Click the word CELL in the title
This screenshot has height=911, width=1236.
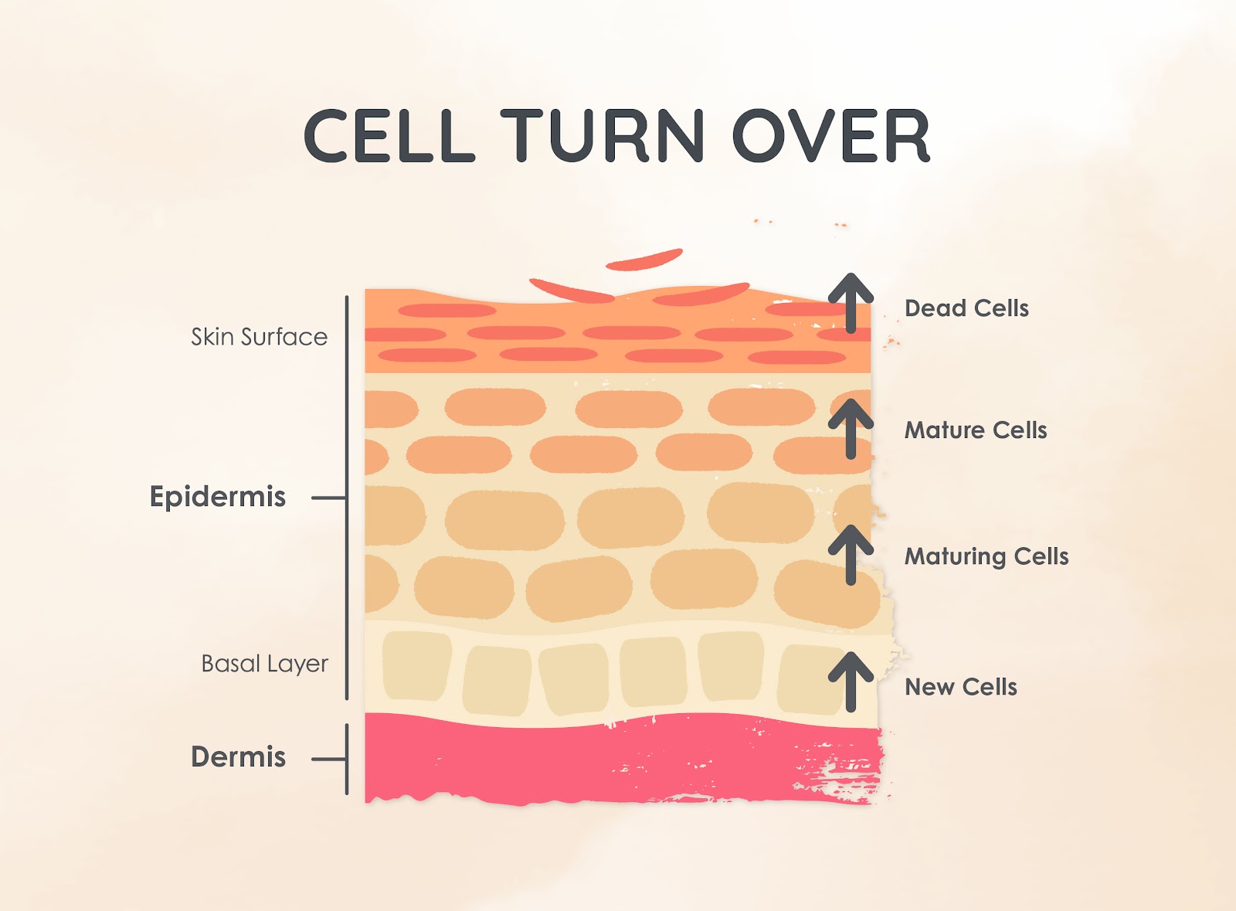pyautogui.click(x=389, y=136)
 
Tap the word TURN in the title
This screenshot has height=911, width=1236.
pyautogui.click(x=603, y=136)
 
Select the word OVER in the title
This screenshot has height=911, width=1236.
pyautogui.click(x=831, y=136)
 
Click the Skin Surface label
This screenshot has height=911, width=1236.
pyautogui.click(x=260, y=337)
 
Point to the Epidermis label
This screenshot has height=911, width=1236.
pyautogui.click(x=218, y=497)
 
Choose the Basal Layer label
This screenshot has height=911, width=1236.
pyautogui.click(x=265, y=664)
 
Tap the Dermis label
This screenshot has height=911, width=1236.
pyautogui.click(x=239, y=756)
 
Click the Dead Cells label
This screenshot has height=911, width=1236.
pyautogui.click(x=966, y=308)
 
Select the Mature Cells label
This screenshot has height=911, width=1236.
pyautogui.click(x=976, y=430)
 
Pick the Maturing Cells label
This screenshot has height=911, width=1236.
pyautogui.click(x=986, y=557)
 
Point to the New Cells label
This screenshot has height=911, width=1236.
pyautogui.click(x=961, y=687)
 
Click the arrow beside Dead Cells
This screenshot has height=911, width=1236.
pyautogui.click(x=851, y=303)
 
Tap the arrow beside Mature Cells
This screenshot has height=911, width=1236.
pyautogui.click(x=851, y=429)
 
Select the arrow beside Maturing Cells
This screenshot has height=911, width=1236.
pyautogui.click(x=851, y=555)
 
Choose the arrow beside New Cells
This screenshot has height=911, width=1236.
pyautogui.click(x=851, y=682)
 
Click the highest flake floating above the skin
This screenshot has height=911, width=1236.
pyautogui.click(x=644, y=260)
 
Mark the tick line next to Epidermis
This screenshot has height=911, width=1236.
pyautogui.click(x=329, y=498)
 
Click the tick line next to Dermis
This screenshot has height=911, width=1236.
pyautogui.click(x=329, y=760)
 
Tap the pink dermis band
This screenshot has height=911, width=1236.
pyautogui.click(x=623, y=761)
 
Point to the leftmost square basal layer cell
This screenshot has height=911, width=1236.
pyautogui.click(x=416, y=666)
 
